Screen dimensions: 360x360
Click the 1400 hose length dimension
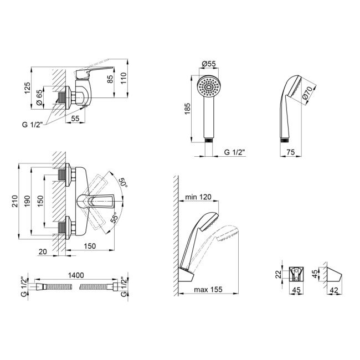click(76, 275)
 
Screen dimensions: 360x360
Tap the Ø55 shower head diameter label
click(209, 64)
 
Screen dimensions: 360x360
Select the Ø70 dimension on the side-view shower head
click(307, 92)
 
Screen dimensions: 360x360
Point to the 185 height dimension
click(188, 109)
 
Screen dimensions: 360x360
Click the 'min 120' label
click(198, 197)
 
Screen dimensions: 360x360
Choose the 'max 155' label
click(208, 289)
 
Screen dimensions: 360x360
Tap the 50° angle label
click(122, 182)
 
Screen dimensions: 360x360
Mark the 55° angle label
click(114, 218)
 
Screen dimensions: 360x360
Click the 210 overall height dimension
click(15, 201)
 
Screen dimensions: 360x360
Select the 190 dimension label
click(27, 201)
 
